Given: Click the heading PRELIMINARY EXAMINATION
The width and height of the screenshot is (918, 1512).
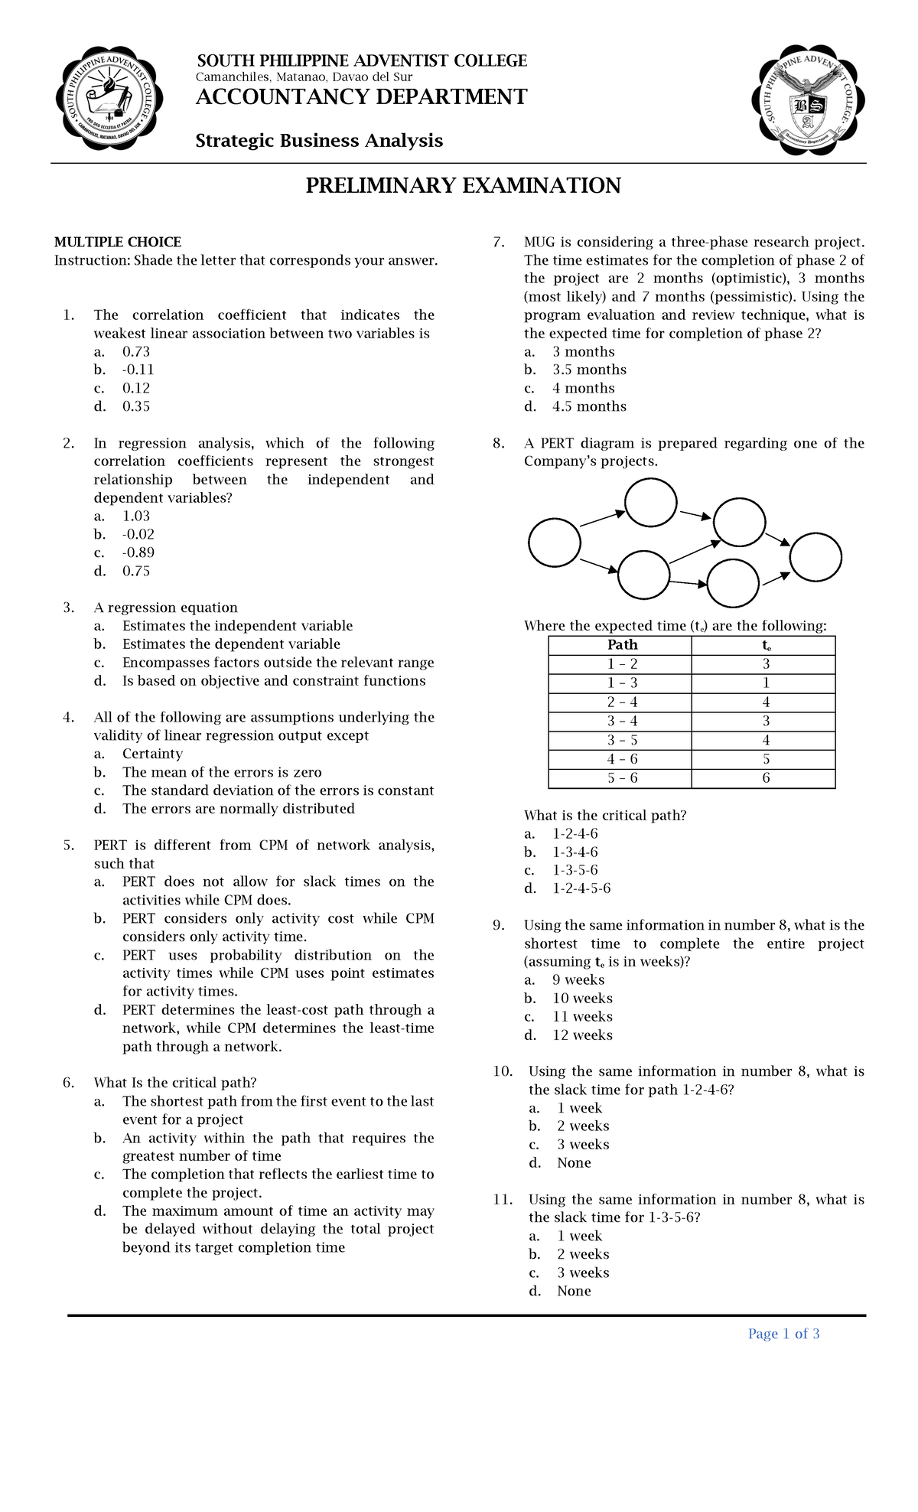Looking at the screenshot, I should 463,186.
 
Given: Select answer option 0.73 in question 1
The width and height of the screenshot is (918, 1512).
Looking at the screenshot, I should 135,352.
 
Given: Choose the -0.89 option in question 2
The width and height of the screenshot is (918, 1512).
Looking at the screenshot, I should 138,552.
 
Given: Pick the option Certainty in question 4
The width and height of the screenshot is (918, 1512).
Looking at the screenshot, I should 152,754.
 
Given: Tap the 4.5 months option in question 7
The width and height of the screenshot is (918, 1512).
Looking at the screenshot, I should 589,406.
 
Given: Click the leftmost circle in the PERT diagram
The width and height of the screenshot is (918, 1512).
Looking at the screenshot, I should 555,543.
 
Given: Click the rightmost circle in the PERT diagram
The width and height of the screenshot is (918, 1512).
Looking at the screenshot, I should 815,556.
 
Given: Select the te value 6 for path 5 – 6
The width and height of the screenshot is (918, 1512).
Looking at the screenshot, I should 765,778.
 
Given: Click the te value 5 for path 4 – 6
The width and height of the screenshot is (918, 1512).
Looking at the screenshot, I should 765,759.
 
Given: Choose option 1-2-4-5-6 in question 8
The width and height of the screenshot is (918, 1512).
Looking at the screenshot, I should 581,888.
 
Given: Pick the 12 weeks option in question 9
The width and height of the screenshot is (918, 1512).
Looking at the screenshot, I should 582,1035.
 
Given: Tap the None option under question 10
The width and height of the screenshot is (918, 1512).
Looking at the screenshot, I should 574,1162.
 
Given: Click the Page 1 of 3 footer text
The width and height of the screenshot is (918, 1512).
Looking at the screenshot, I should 783,1334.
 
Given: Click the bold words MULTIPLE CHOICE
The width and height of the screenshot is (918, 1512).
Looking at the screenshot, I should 117,242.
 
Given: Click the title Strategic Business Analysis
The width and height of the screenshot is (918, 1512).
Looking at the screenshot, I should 319,141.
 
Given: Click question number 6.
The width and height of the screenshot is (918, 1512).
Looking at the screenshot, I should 69,1082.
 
